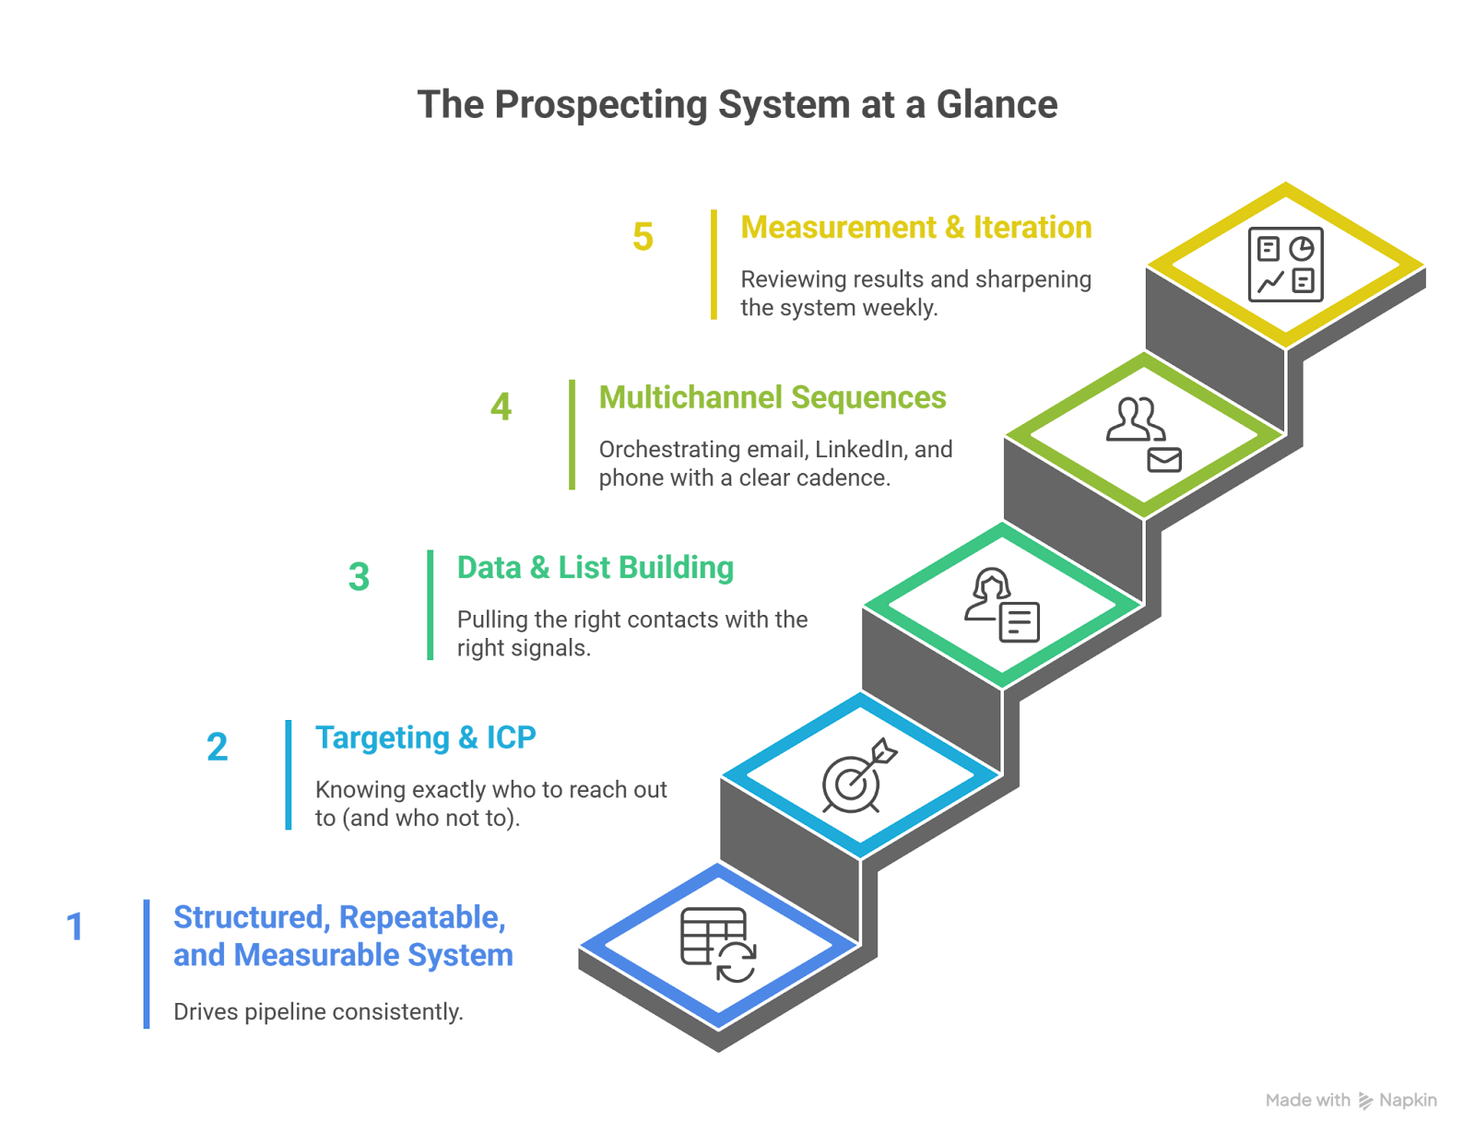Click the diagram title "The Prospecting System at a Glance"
pos(737,104)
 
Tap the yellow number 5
pos(643,237)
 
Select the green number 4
pos(501,407)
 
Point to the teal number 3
pos(359,577)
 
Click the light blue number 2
pos(217,747)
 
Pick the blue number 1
pos(75,926)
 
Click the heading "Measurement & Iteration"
pos(915,228)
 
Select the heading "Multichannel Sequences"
pos(772,397)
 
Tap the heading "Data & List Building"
pos(596,568)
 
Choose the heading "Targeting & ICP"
pos(425,737)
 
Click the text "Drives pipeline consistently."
pos(318,1012)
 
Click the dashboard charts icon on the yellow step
pos(1285,264)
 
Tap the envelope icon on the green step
pos(1163,459)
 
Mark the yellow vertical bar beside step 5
pos(714,265)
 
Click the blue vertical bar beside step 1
pos(147,963)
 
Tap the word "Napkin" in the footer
pos(1408,1100)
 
